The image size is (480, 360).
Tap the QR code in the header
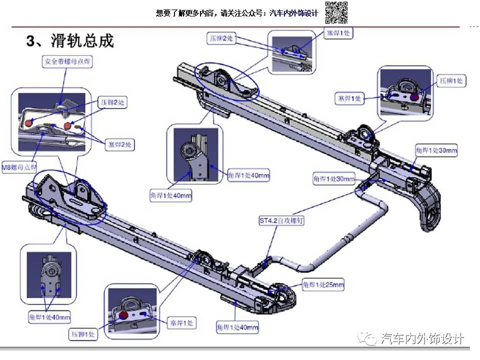click(x=336, y=12)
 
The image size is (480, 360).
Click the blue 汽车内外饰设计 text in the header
click(x=293, y=13)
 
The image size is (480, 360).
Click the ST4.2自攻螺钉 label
click(x=281, y=220)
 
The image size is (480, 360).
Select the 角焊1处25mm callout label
click(x=323, y=285)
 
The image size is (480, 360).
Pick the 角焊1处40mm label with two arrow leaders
click(x=49, y=317)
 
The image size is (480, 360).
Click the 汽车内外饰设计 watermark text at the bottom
click(x=422, y=339)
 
